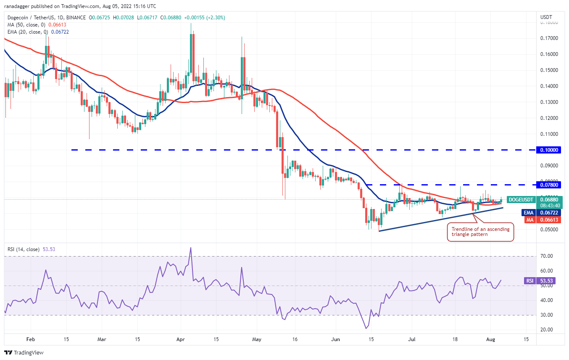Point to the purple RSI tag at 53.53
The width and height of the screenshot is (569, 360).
click(x=529, y=281)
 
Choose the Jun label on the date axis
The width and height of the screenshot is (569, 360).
click(x=335, y=339)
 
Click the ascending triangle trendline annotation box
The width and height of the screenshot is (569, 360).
click(x=480, y=232)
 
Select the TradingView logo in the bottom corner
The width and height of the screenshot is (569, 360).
click(x=24, y=352)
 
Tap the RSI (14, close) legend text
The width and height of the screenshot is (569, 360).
click(x=24, y=249)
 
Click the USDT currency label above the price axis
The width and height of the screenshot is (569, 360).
click(x=546, y=17)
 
